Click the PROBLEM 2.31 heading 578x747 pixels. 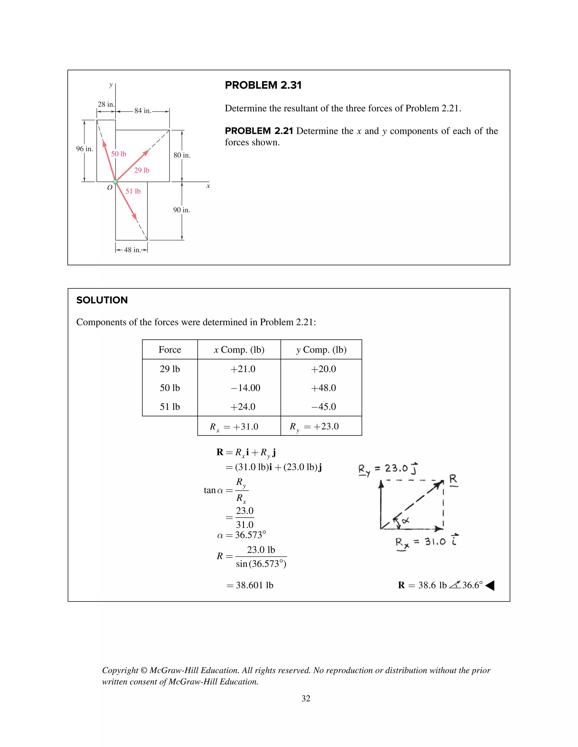click(x=263, y=85)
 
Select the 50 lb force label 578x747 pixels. click(x=119, y=154)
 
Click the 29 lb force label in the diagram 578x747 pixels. click(x=141, y=170)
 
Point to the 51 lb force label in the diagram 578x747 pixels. click(x=133, y=191)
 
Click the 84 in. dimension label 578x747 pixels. click(x=143, y=111)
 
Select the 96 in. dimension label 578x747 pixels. click(x=84, y=149)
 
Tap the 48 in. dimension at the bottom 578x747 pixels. click(x=132, y=250)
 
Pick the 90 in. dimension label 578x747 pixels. click(x=181, y=210)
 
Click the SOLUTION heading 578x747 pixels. click(x=102, y=300)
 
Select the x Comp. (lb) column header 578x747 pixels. click(x=239, y=350)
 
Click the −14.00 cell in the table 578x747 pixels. click(x=246, y=388)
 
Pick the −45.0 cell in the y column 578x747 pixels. click(x=323, y=407)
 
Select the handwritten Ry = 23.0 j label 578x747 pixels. click(x=388, y=469)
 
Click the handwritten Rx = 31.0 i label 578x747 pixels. click(x=427, y=542)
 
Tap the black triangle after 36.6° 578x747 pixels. click(x=490, y=585)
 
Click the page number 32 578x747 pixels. click(x=306, y=699)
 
